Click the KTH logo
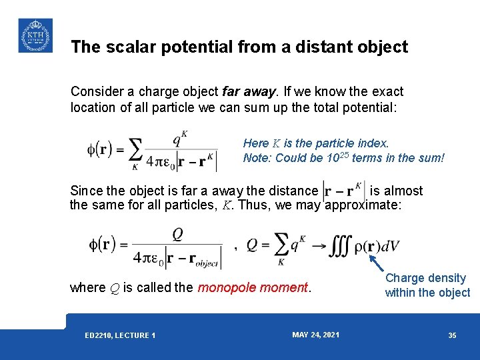click(35, 35)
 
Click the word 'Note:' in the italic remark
click(256, 158)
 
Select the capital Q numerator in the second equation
click(177, 234)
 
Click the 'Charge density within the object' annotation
click(427, 285)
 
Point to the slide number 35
click(452, 335)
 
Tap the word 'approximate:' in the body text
click(363, 205)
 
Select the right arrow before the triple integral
click(319, 246)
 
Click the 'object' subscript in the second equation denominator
click(207, 263)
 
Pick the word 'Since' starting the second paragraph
click(85, 191)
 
